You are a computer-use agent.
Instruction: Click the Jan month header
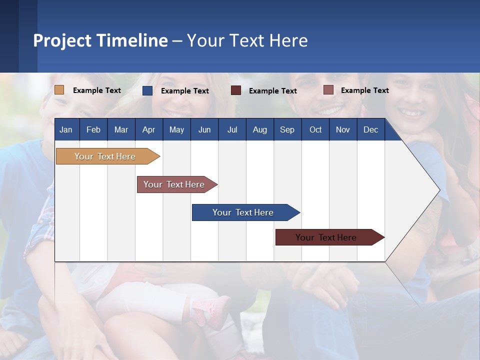pyautogui.click(x=66, y=130)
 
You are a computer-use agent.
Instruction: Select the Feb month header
pyautogui.click(x=93, y=130)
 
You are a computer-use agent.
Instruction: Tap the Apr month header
pyautogui.click(x=148, y=130)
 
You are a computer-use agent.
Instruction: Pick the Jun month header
pyautogui.click(x=204, y=130)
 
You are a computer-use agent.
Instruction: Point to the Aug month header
pyautogui.click(x=259, y=130)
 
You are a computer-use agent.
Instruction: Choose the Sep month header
pyautogui.click(x=287, y=130)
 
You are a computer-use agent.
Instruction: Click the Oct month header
pyautogui.click(x=315, y=130)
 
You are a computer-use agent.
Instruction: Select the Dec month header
pyautogui.click(x=370, y=130)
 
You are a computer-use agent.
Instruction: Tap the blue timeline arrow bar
pyautogui.click(x=243, y=212)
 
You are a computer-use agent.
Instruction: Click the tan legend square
pyautogui.click(x=59, y=90)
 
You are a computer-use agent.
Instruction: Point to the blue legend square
pyautogui.click(x=147, y=90)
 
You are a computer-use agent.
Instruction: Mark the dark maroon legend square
pyautogui.click(x=236, y=90)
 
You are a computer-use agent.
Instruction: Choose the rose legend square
pyautogui.click(x=328, y=90)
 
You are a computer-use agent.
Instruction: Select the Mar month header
pyautogui.click(x=121, y=130)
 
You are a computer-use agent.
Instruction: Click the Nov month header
pyautogui.click(x=342, y=130)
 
